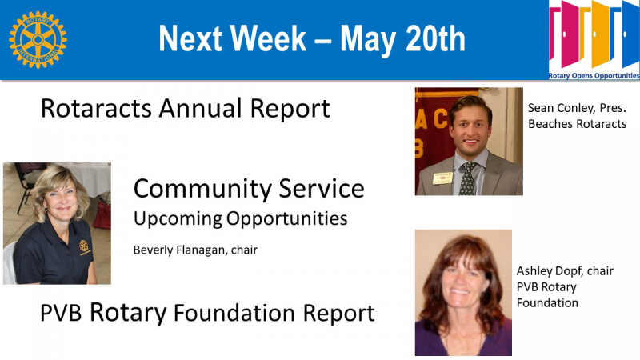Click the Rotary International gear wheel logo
click(38, 39)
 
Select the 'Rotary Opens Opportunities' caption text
click(594, 75)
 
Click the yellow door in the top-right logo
click(601, 34)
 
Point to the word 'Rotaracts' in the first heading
click(96, 109)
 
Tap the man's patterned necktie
click(468, 178)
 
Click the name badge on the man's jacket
click(443, 178)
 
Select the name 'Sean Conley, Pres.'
click(577, 108)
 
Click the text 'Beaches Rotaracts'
click(577, 124)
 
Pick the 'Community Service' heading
click(249, 189)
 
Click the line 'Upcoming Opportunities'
click(241, 218)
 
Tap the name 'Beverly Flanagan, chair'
click(195, 250)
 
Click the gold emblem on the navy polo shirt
click(84, 246)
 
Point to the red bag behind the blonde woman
click(102, 215)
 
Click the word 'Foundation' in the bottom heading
click(234, 313)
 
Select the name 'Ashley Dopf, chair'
click(565, 271)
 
